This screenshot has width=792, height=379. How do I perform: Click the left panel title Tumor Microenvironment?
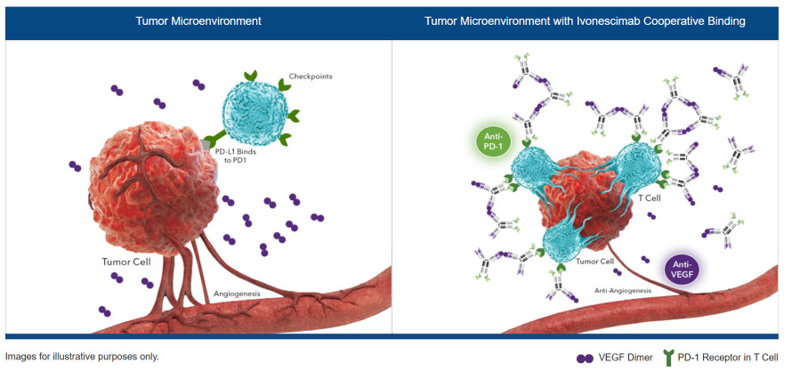tap(198, 20)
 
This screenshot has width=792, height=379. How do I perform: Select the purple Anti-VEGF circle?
tap(683, 268)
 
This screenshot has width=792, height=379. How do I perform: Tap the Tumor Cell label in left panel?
tap(129, 263)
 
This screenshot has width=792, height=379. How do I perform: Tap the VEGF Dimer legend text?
tap(626, 358)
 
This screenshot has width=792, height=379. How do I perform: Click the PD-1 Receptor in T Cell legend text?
tap(728, 358)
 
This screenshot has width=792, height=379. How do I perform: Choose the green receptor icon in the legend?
tap(667, 358)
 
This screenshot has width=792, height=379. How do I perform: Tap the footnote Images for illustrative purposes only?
tap(82, 356)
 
